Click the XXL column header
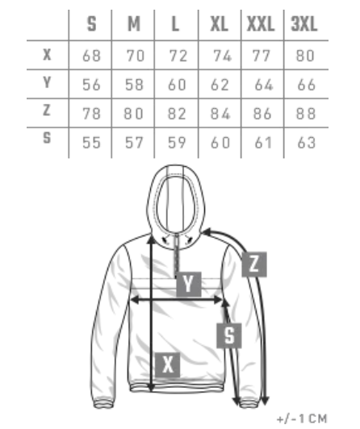coord(261,24)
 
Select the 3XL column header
coord(303,24)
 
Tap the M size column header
coord(134,24)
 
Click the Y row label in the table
coord(47,82)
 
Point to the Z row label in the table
coord(47,110)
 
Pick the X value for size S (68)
coord(91,56)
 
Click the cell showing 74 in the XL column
coord(222,56)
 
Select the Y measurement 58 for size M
coord(134,85)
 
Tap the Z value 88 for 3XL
coord(306,114)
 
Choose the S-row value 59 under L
coord(177,143)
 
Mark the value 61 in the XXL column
coord(263,143)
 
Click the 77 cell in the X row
coord(262,56)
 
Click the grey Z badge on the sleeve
coord(254,264)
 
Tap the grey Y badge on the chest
coord(189,285)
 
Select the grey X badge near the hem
coord(168,365)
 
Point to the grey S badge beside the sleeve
coord(229,335)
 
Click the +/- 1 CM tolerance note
coord(302,419)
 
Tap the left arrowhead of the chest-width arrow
coord(135,300)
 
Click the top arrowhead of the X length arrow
coord(152,239)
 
